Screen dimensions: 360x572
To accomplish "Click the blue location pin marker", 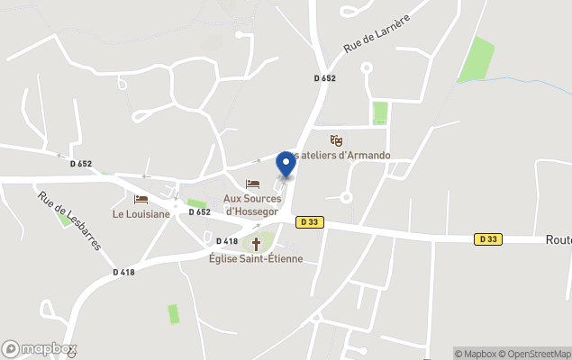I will (286, 164).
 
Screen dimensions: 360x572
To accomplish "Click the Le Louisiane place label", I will (141, 214).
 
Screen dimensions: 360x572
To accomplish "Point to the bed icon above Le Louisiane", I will (141, 200).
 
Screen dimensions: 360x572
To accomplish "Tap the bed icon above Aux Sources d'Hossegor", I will (252, 184).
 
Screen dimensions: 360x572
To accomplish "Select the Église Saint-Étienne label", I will (256, 259).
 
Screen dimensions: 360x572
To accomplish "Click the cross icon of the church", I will (256, 244).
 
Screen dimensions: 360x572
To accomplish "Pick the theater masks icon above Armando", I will (336, 140).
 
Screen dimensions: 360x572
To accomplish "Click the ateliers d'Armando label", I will (350, 155).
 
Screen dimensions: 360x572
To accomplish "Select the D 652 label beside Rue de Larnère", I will (325, 78).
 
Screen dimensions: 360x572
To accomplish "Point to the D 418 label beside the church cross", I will (227, 241).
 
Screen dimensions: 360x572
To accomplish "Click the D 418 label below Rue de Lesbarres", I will (124, 272).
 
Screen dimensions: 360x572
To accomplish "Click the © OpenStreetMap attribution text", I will (537, 354).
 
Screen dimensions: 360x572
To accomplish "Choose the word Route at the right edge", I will (558, 240).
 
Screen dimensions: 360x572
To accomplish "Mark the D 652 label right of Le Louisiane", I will (200, 212).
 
